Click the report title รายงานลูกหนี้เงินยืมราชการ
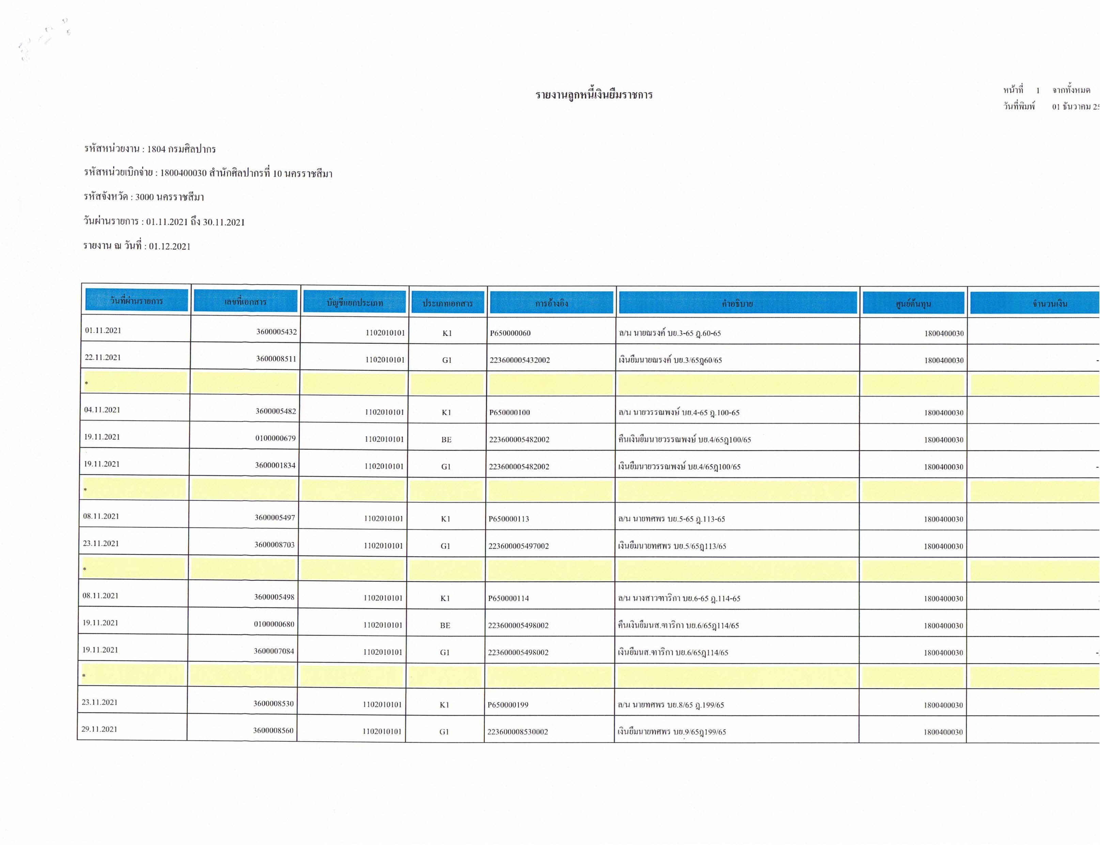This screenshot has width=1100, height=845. pos(594,94)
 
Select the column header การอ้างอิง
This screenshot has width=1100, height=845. pos(552,303)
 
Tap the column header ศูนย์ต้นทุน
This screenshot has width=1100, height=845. pos(913,304)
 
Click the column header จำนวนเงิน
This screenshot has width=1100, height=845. pos(1049,304)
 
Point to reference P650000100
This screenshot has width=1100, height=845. pos(510,412)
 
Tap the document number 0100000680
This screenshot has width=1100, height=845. pos(274,624)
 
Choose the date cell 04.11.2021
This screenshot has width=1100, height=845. pos(102,410)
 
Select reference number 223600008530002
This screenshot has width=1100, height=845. pos(517,732)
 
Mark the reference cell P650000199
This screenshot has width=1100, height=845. pos(508,705)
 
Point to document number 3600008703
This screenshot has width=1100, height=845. pos(275,545)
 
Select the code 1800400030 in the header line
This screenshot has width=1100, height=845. pos(184,173)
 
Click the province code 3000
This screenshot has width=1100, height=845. pos(144,197)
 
